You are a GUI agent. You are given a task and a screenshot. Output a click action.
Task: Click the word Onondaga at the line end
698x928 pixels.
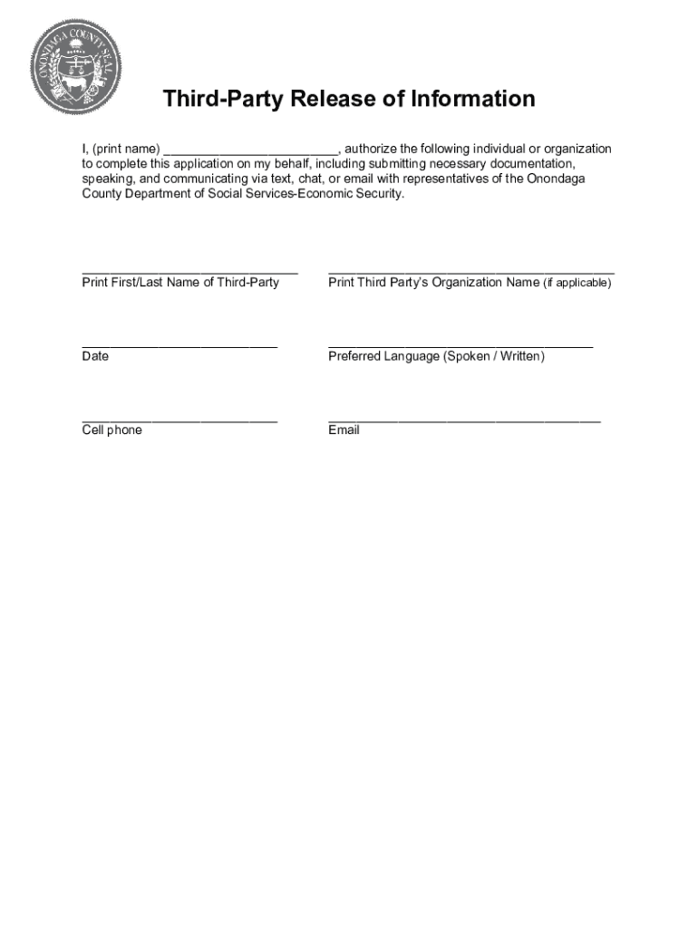557,179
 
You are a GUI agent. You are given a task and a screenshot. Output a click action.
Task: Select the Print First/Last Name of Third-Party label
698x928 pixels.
180,283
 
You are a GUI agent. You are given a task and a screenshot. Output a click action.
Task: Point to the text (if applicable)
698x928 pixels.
577,283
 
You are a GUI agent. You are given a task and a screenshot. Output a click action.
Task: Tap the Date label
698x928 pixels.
95,356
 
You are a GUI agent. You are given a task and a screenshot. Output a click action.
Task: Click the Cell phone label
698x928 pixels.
112,430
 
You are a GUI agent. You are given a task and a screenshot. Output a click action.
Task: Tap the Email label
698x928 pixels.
344,430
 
